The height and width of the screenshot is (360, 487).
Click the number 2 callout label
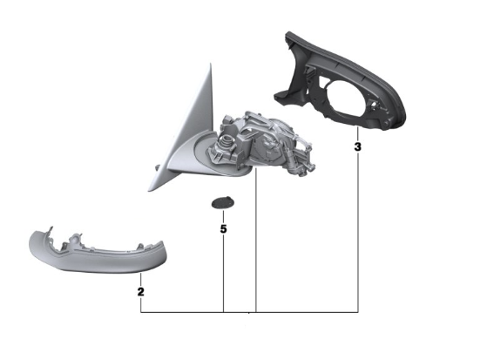pyautogui.click(x=140, y=292)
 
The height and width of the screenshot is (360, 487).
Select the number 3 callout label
pyautogui.click(x=358, y=146)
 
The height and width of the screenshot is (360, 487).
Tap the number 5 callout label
pyautogui.click(x=223, y=229)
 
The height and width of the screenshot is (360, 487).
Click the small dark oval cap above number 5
pyautogui.click(x=223, y=203)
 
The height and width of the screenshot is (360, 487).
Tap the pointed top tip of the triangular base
pyautogui.click(x=210, y=64)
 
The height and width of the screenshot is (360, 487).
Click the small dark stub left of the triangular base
pyautogui.click(x=158, y=167)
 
